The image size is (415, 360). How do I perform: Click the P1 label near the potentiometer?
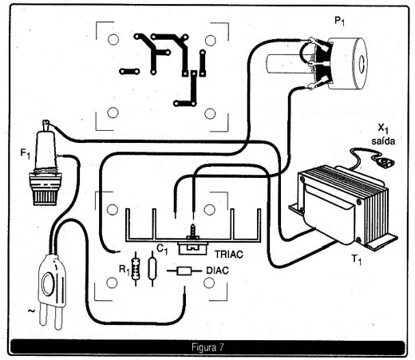[339, 21]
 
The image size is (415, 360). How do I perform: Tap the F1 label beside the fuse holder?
[26, 154]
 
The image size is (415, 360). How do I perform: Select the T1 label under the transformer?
[357, 259]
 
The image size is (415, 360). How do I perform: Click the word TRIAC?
[229, 255]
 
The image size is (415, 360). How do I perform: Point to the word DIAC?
[217, 271]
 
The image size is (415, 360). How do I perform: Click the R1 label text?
[125, 271]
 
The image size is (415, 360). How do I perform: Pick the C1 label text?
[162, 249]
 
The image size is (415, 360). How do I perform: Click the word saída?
[383, 140]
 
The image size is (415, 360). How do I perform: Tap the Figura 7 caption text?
[207, 347]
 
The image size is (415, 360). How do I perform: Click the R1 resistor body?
[136, 269]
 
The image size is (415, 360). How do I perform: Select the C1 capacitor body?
[152, 269]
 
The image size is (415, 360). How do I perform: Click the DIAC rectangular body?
[184, 271]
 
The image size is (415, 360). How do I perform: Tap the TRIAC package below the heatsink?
[192, 248]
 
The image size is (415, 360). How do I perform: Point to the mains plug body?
[52, 282]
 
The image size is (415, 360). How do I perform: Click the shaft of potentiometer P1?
[289, 64]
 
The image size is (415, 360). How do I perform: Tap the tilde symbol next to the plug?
[31, 311]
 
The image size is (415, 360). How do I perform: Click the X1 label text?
[383, 129]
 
